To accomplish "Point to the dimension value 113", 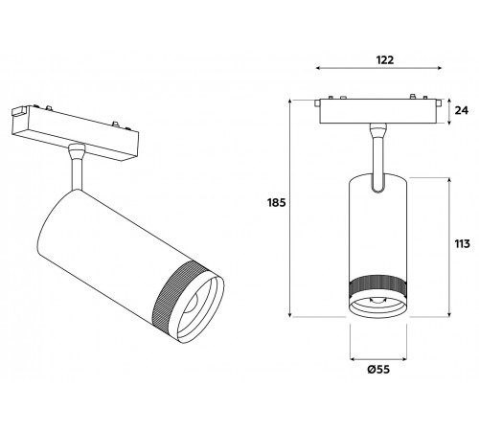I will coord(464,243).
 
